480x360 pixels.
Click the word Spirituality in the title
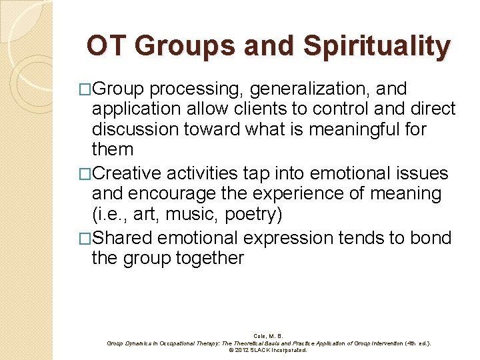[x=376, y=47]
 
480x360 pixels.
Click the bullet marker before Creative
[x=85, y=175]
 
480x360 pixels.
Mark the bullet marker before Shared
[x=85, y=239]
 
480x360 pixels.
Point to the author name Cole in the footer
[x=259, y=336]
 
